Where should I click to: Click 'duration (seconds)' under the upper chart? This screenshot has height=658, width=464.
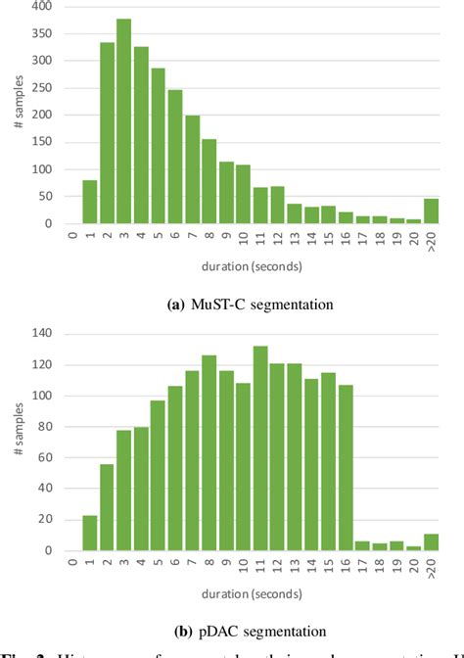(251, 264)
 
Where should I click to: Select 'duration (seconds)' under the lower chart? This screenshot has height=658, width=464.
(251, 591)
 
